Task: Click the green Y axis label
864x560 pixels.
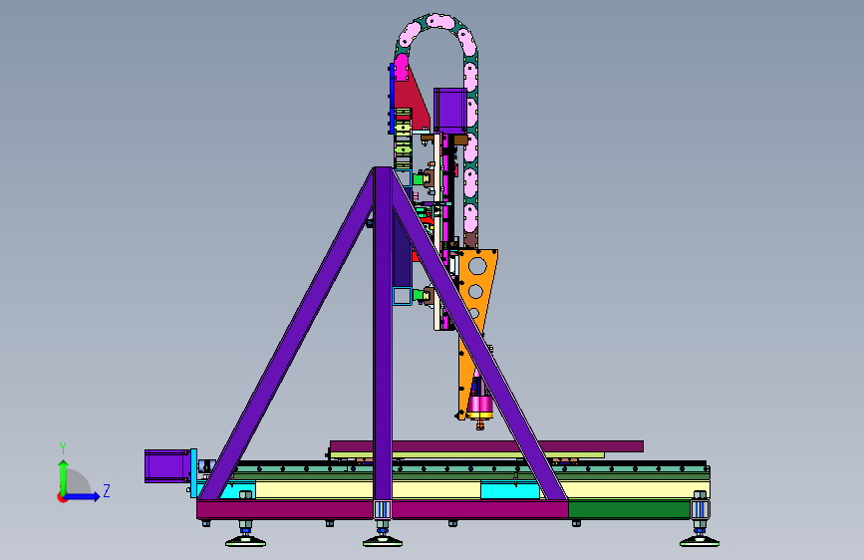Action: (x=63, y=448)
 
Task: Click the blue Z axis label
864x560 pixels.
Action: (x=107, y=490)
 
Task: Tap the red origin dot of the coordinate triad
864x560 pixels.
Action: (x=61, y=497)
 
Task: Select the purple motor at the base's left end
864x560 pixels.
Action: (x=167, y=466)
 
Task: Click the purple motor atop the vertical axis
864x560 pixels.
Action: (x=450, y=111)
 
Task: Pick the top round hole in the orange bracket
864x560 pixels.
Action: (x=477, y=266)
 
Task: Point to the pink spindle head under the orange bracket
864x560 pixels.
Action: (x=479, y=405)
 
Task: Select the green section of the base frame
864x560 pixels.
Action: (x=629, y=509)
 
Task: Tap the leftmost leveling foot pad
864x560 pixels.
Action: (x=246, y=542)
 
